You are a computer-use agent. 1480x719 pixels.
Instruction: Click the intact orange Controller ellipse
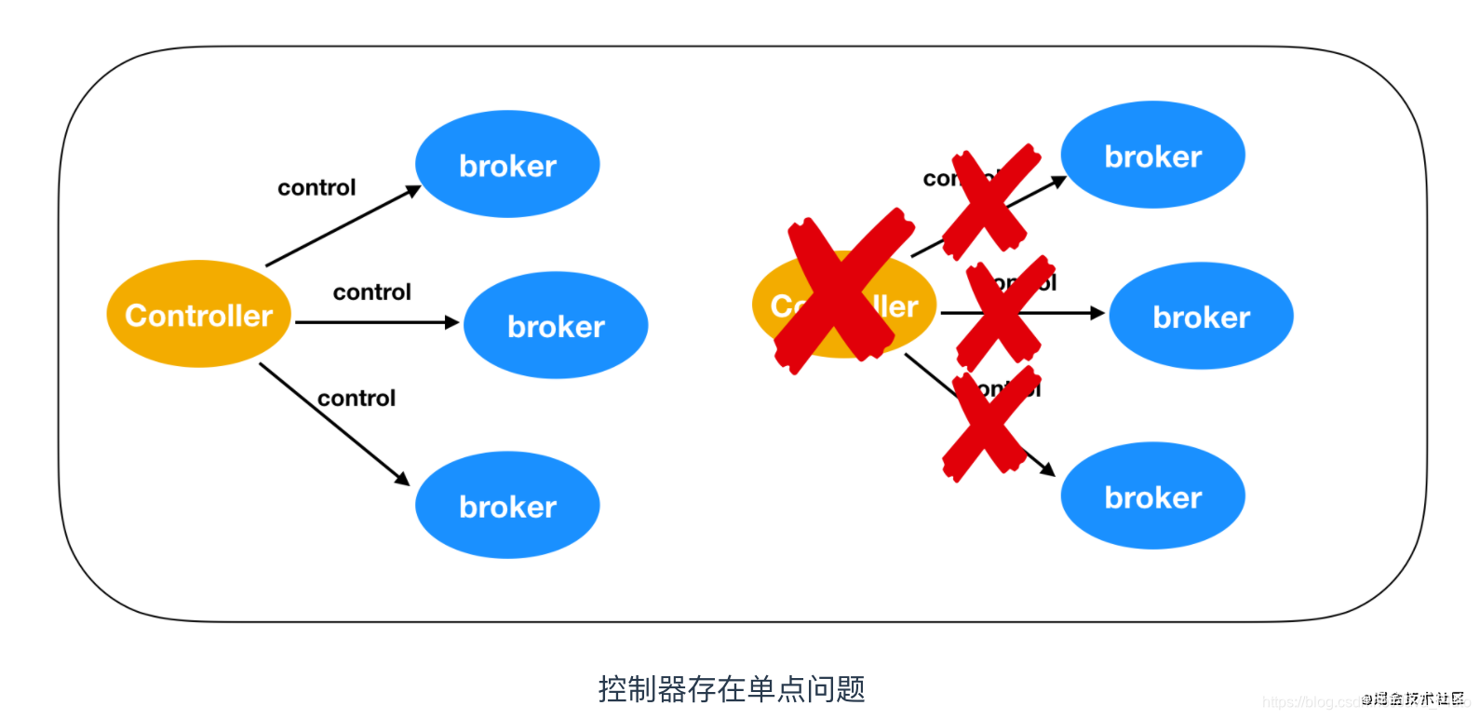(198, 315)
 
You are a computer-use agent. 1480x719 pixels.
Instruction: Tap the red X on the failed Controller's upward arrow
(990, 200)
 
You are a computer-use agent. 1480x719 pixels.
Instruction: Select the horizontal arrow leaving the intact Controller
(377, 322)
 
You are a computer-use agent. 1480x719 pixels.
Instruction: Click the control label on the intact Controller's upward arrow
(316, 188)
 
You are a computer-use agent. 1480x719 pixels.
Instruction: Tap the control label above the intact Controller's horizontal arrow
(371, 292)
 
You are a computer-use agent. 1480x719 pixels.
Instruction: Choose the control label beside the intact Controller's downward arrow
(357, 399)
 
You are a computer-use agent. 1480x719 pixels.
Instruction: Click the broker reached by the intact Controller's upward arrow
(507, 165)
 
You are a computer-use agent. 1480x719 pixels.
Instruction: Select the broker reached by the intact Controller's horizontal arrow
(556, 326)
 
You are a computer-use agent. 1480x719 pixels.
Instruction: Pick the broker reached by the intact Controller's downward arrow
(507, 506)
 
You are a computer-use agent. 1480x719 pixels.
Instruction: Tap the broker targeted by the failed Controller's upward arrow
(1152, 156)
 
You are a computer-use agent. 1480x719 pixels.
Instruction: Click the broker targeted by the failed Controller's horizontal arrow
(1201, 317)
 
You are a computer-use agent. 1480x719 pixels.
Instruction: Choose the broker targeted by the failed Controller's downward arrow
(1152, 496)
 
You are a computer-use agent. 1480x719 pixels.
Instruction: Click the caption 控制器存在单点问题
(732, 689)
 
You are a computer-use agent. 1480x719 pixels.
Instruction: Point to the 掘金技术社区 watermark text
(1415, 699)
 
